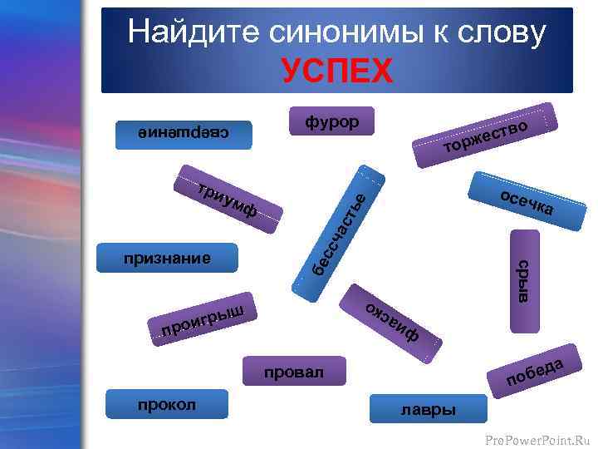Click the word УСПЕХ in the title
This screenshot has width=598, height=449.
(x=336, y=71)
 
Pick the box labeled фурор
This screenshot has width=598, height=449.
(x=331, y=122)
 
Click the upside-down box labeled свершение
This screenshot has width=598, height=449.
(x=184, y=133)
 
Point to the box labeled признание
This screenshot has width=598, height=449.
(x=167, y=258)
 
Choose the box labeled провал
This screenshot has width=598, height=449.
(x=294, y=373)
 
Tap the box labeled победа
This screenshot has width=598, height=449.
(x=536, y=371)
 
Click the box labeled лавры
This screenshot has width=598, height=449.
(x=428, y=409)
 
